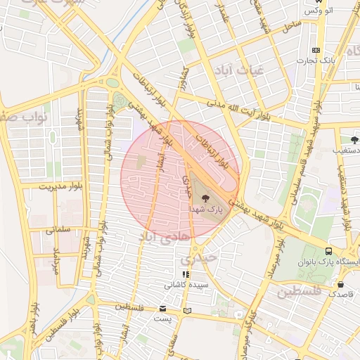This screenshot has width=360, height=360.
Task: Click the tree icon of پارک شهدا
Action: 205,199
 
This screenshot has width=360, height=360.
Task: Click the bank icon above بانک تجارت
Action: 316,50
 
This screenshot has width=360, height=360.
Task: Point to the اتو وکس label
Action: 319,12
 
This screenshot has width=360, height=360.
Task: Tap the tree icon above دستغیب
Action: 354,140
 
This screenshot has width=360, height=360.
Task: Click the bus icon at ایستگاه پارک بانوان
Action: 328,251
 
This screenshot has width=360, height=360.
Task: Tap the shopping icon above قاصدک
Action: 341,285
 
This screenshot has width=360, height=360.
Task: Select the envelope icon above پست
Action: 162,308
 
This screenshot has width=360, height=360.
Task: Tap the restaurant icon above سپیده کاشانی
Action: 185,275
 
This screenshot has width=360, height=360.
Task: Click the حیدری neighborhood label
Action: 204,259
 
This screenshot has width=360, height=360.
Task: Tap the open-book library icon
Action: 186,309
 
